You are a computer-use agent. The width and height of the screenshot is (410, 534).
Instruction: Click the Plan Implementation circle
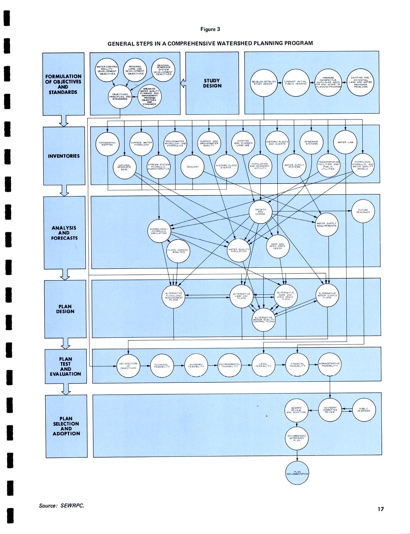(297, 473)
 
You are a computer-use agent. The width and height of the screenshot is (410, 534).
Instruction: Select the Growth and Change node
(260, 211)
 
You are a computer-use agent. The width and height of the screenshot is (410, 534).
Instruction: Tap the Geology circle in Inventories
(193, 167)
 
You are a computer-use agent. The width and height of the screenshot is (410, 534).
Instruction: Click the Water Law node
(345, 142)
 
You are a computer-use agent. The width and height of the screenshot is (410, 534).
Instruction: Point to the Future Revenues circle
(363, 211)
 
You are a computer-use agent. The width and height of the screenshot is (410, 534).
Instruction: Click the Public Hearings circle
(364, 410)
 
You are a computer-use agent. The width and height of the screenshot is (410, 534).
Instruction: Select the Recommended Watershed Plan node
(297, 438)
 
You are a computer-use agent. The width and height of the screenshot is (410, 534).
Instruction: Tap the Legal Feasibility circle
(264, 365)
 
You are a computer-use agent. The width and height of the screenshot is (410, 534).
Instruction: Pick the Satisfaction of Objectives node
(128, 366)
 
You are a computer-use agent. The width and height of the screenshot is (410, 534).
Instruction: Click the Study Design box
(212, 83)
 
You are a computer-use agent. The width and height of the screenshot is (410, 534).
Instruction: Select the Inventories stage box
(64, 156)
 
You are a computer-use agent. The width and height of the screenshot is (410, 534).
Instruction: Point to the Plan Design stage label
(65, 309)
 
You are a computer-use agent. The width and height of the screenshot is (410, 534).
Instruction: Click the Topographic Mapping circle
(107, 144)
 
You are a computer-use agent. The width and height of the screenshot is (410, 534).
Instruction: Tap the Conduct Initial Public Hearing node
(295, 82)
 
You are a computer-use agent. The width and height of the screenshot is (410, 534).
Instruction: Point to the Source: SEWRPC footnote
(62, 506)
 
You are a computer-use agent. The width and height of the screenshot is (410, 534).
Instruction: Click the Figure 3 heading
(210, 29)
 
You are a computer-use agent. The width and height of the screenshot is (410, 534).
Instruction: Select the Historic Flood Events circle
(226, 167)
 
